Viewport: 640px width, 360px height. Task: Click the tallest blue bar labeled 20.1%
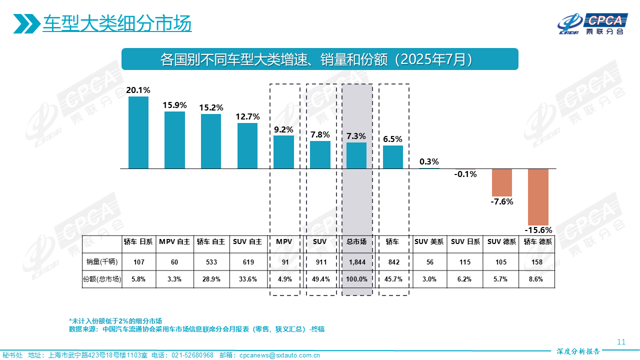[138, 132]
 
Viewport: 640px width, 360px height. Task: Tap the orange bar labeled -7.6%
[502, 182]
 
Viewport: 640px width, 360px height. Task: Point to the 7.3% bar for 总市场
[356, 155]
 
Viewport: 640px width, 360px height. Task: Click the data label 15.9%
[174, 105]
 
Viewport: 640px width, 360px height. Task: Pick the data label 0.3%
[429, 161]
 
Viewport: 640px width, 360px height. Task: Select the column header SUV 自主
[247, 241]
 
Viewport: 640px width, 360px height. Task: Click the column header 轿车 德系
[538, 241]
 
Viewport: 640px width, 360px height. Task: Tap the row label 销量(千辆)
[102, 261]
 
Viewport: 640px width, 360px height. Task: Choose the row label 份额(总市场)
[102, 279]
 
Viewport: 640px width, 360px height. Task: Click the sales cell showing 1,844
[356, 261]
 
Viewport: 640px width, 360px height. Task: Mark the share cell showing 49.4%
[320, 279]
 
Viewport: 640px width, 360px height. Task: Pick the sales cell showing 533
[211, 261]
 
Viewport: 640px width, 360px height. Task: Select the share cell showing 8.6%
[538, 279]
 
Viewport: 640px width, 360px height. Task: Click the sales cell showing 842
[393, 261]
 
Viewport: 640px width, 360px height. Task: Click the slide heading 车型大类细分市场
[117, 24]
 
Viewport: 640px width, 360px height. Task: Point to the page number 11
[621, 342]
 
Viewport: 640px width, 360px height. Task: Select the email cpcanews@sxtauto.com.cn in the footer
[279, 355]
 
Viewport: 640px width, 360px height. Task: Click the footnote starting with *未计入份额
[115, 320]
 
